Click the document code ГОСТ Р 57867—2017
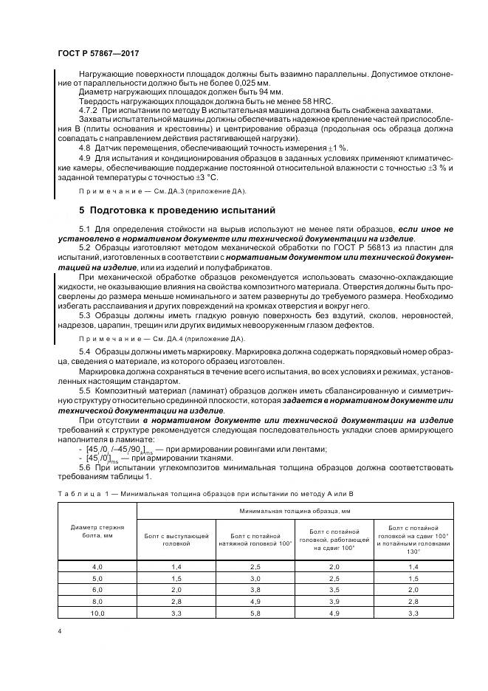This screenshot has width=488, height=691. (x=98, y=53)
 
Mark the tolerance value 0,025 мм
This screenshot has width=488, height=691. (x=207, y=83)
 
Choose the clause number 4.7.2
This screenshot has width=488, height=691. (x=89, y=109)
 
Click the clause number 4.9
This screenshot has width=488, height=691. (x=84, y=158)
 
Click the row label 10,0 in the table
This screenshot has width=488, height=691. (x=97, y=613)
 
